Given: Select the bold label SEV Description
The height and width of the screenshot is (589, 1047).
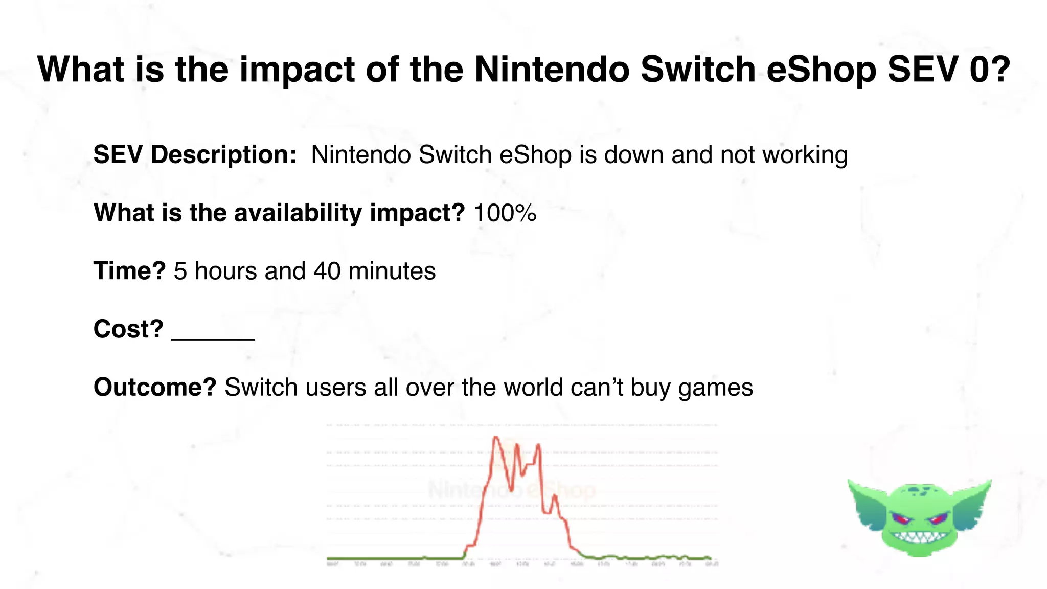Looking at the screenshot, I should (194, 154).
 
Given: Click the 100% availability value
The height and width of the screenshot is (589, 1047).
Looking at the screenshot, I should (505, 213).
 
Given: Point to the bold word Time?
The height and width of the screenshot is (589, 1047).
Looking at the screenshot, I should (129, 271).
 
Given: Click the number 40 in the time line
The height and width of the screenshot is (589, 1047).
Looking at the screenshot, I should (327, 271).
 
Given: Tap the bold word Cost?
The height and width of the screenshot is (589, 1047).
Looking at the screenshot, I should (128, 329).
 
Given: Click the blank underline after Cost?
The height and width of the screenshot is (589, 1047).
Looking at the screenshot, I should (213, 335).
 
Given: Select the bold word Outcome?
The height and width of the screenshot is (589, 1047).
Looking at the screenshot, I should (155, 387).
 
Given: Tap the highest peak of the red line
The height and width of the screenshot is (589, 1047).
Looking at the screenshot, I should (495, 437).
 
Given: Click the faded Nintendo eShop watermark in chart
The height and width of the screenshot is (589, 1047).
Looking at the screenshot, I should (511, 490).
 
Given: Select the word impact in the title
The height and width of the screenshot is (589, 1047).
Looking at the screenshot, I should (297, 70).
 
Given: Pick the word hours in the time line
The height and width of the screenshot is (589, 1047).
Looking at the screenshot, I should (225, 271).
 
